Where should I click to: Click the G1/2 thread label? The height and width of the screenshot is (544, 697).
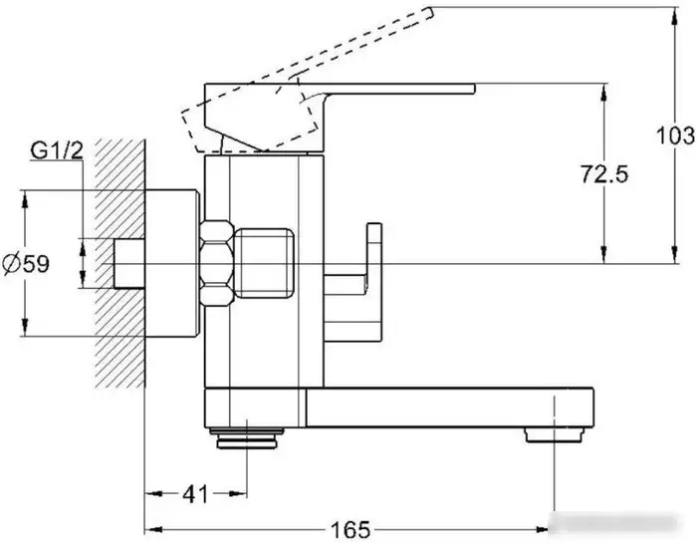57,150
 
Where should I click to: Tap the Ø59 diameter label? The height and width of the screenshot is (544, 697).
26,264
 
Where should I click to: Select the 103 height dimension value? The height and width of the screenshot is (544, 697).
675,136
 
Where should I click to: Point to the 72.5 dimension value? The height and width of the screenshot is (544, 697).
604,173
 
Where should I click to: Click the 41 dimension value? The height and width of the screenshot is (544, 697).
195,494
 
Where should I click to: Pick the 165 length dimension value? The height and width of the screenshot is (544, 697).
350,530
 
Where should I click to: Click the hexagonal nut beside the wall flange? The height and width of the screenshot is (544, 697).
217,263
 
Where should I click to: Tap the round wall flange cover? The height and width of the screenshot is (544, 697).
171,263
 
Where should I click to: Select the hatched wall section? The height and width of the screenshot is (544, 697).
120,263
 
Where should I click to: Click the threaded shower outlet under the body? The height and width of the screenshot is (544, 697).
247,437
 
